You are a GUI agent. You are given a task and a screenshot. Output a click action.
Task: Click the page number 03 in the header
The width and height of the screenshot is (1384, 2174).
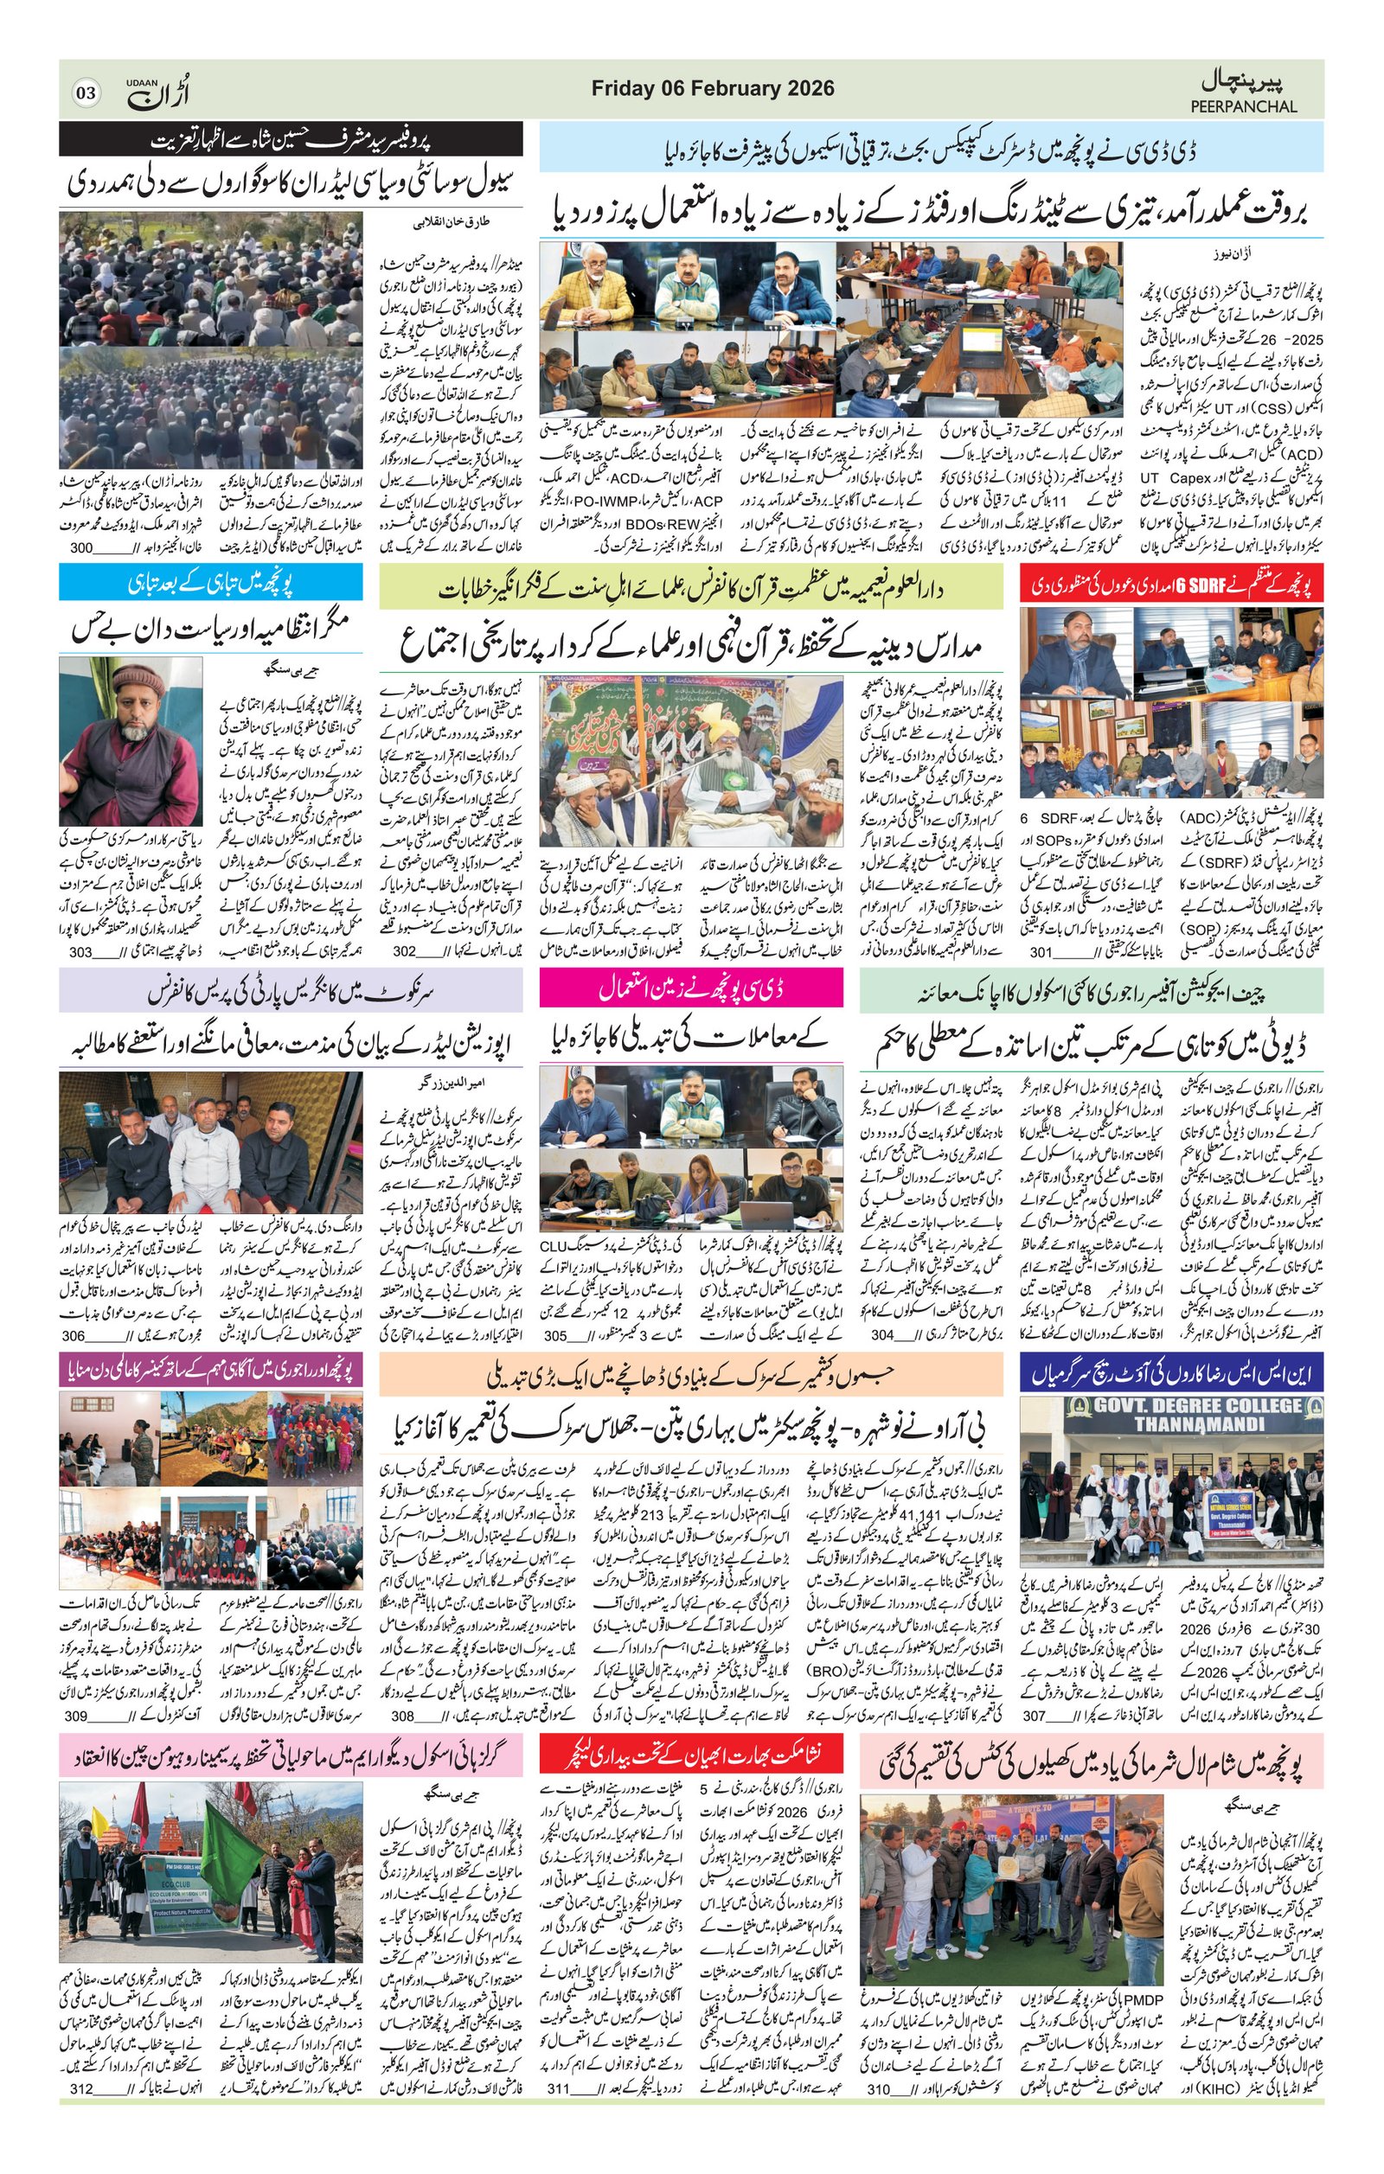pos(86,92)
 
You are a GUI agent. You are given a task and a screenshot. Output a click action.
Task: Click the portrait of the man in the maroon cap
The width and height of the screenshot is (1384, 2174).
pos(131,740)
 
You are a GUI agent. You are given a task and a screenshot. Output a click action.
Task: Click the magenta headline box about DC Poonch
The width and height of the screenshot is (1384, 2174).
pos(690,988)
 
